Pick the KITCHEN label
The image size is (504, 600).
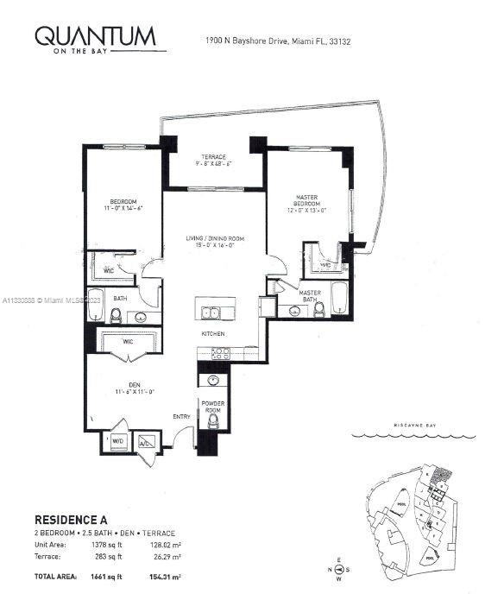(213, 333)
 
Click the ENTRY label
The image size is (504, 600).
(181, 417)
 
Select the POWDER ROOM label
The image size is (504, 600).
(213, 407)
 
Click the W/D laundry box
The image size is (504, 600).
(117, 440)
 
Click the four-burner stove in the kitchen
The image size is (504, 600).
(220, 352)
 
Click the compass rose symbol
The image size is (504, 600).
(339, 567)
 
